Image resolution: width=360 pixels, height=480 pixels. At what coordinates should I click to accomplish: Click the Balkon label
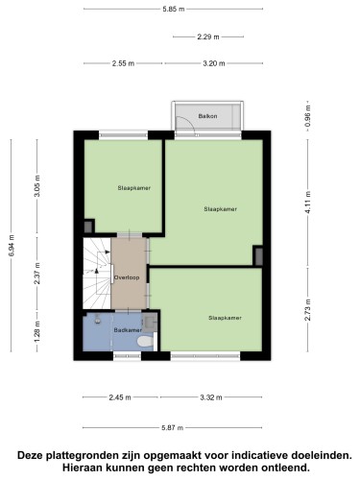point(207,116)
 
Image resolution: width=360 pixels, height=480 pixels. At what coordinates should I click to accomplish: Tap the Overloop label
point(127,277)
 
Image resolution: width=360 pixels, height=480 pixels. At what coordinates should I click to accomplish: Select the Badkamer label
point(128,330)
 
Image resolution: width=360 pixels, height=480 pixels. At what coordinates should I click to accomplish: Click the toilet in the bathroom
point(145,342)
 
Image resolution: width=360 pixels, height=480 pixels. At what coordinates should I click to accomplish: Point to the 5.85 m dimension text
point(174,9)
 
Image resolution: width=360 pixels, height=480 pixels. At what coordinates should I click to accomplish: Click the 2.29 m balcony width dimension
point(208,36)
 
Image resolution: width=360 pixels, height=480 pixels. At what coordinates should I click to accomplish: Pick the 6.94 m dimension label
point(12,246)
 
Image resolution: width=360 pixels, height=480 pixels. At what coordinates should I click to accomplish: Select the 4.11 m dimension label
point(308,203)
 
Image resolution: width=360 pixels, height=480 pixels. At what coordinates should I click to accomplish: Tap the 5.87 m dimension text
point(173,427)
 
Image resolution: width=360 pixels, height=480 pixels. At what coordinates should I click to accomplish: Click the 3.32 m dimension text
point(211,397)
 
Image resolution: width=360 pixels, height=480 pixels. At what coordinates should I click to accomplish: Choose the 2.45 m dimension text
point(120,397)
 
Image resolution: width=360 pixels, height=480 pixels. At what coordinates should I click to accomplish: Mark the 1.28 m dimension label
point(37,331)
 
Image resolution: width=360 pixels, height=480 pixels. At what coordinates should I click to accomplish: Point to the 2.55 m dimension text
point(123,63)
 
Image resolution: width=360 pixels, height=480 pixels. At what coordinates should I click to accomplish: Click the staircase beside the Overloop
point(97,274)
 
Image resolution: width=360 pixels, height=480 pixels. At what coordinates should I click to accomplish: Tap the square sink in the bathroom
point(150,322)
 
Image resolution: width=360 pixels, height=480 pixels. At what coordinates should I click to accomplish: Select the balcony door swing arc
point(189,121)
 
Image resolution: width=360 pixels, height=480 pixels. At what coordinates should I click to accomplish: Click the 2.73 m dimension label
point(308,310)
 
